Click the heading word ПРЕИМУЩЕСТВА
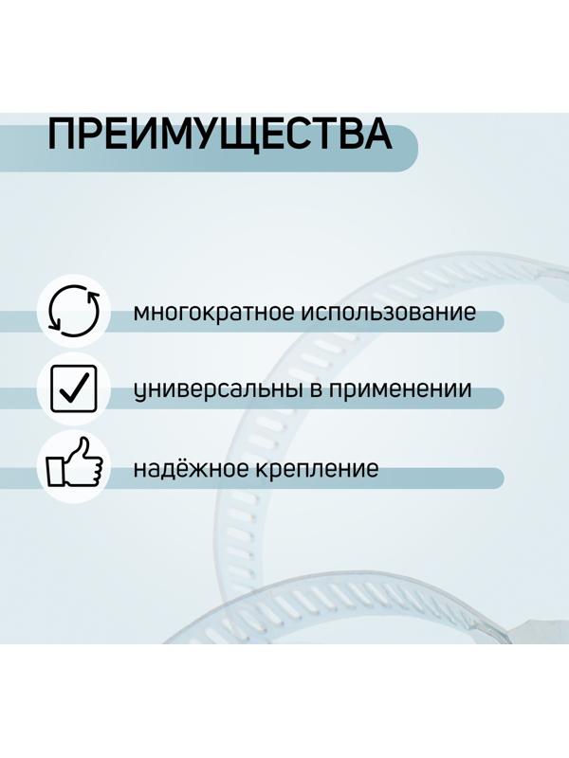point(219,135)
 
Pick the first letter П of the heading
point(63,135)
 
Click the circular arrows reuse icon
point(73,311)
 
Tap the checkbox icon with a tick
point(73,389)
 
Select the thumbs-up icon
point(73,465)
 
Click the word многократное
point(214,313)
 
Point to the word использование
point(389,313)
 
